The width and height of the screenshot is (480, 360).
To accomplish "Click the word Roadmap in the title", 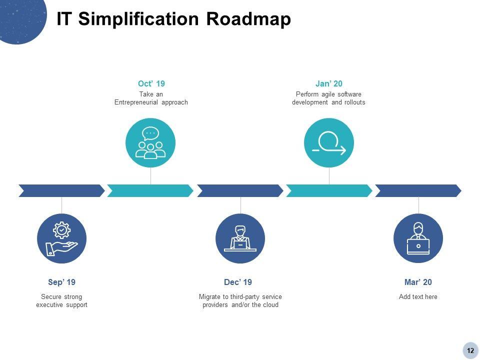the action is click(x=248, y=19).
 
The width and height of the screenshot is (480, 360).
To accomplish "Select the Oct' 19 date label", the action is click(x=151, y=83).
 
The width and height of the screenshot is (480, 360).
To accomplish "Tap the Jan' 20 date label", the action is click(x=328, y=83).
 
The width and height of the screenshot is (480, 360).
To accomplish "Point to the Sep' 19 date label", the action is click(x=61, y=282).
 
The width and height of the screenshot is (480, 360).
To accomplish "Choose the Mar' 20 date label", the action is click(x=418, y=282).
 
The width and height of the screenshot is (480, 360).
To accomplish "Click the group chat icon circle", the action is click(x=150, y=143).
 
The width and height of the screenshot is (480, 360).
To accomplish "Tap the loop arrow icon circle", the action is click(x=329, y=143).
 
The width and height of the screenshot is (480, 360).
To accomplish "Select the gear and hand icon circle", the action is click(x=61, y=238).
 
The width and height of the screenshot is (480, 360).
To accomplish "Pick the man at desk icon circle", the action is click(x=240, y=238).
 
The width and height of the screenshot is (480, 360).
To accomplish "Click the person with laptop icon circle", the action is click(x=418, y=238).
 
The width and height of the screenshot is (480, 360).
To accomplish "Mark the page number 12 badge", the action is click(x=470, y=350).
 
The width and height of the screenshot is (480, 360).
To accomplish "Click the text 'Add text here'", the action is click(x=418, y=297).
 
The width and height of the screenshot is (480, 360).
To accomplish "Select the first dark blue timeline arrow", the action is click(x=61, y=190).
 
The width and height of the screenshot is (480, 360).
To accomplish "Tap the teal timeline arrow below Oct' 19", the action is click(x=150, y=190).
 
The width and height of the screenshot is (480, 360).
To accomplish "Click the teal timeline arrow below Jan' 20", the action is click(x=328, y=190).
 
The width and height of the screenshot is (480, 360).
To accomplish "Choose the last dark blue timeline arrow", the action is click(x=417, y=190).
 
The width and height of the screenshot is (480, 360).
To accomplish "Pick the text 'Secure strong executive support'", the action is click(x=61, y=301).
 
